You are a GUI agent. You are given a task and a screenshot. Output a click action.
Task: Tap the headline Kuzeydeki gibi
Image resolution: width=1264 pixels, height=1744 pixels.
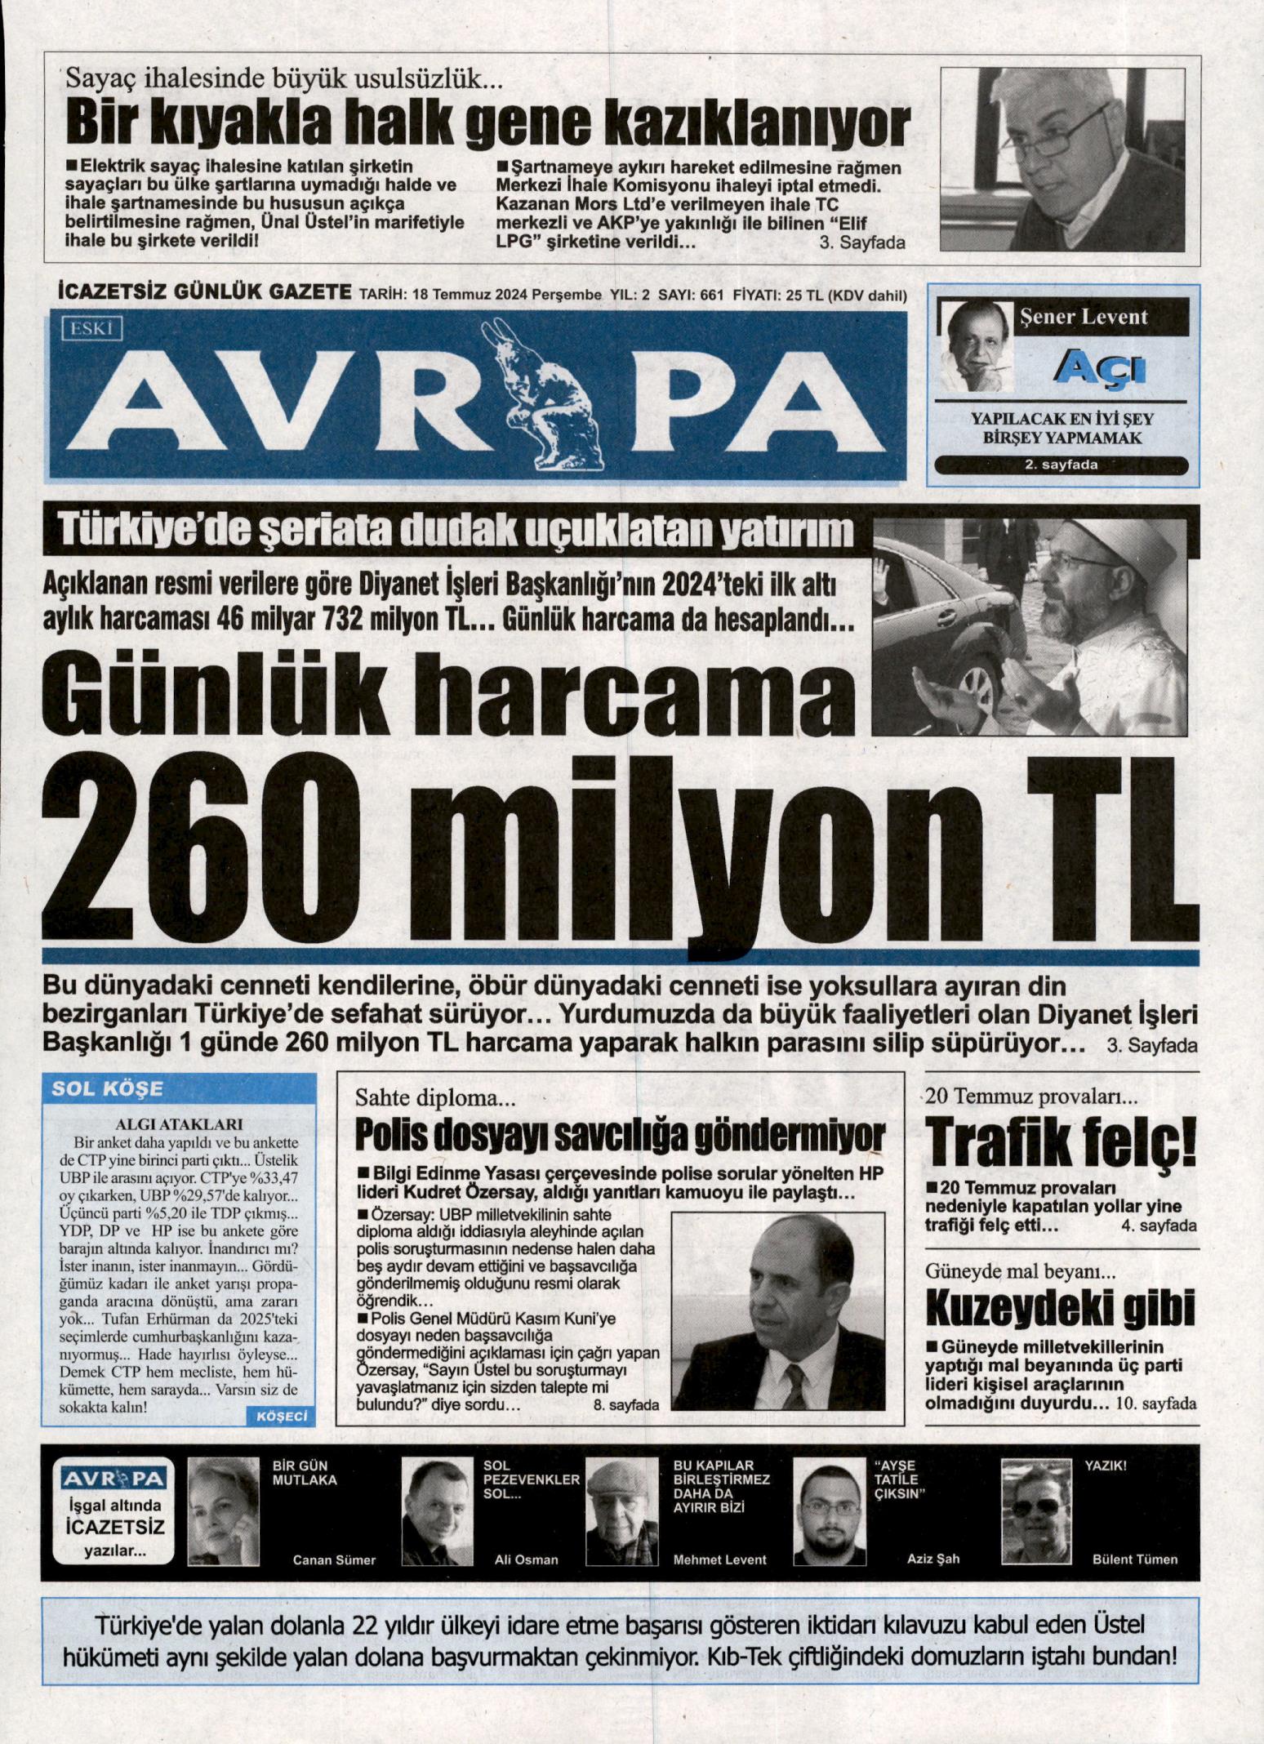[1060, 1309]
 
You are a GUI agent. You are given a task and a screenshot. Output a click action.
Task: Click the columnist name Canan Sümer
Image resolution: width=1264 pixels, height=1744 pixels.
[334, 1560]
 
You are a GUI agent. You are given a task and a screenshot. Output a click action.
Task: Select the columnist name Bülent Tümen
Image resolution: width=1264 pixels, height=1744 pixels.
[1134, 1559]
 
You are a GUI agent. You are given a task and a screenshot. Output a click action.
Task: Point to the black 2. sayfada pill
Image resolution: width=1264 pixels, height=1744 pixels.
[1061, 465]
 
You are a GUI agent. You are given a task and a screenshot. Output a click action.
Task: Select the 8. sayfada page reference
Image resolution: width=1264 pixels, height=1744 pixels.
[625, 1404]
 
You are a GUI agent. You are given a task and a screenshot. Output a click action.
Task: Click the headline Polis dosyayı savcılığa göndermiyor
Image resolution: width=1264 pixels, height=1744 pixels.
[621, 1135]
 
